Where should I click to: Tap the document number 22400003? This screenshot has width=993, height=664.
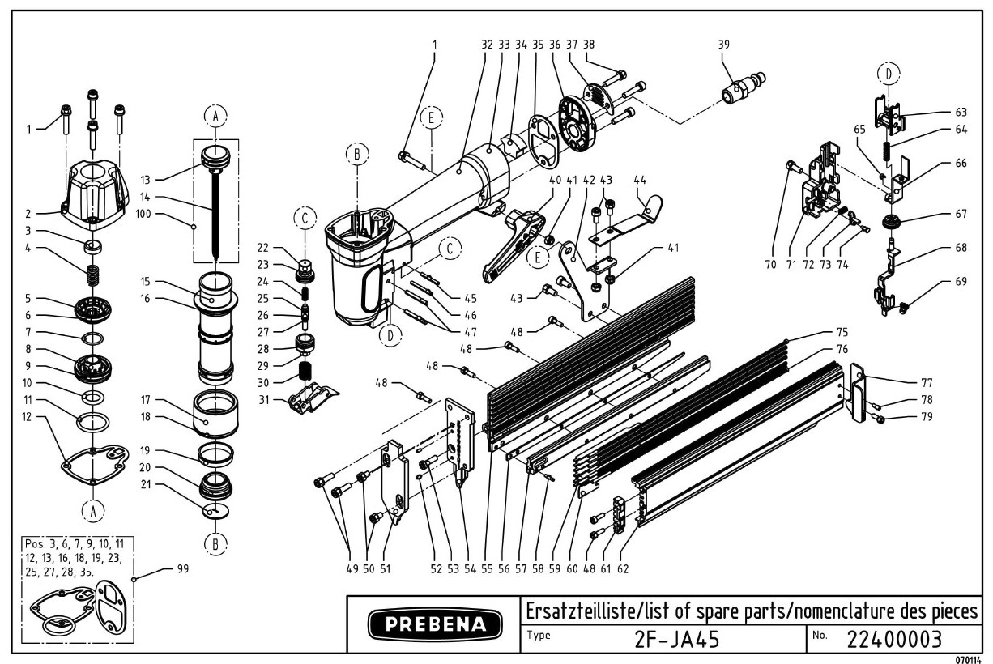(x=894, y=639)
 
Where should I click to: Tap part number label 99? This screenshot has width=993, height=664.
(x=182, y=568)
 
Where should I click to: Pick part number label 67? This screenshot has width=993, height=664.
(x=961, y=214)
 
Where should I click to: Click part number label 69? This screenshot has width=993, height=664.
(x=961, y=283)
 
